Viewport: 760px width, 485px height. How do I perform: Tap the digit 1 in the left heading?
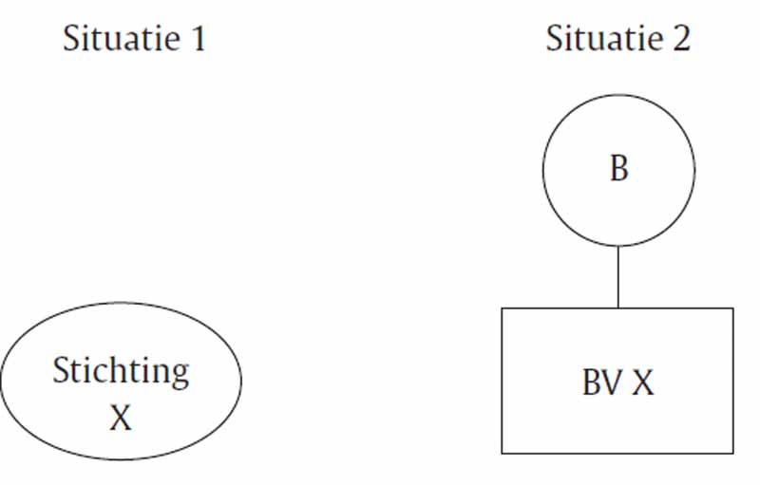point(199,38)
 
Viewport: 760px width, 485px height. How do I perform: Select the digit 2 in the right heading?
point(680,38)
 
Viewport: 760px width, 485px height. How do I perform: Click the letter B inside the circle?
point(619,168)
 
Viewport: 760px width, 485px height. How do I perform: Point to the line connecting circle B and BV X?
point(618,277)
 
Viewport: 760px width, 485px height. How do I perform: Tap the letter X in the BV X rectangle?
point(643,382)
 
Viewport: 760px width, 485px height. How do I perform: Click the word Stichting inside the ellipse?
point(121,372)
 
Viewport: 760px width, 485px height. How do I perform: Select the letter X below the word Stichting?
point(121,418)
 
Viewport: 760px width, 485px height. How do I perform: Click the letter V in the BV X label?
point(612,382)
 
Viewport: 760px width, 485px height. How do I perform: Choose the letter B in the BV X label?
point(591,382)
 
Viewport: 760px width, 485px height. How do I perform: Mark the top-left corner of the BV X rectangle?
point(502,308)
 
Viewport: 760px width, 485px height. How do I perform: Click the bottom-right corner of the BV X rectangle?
point(732,454)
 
